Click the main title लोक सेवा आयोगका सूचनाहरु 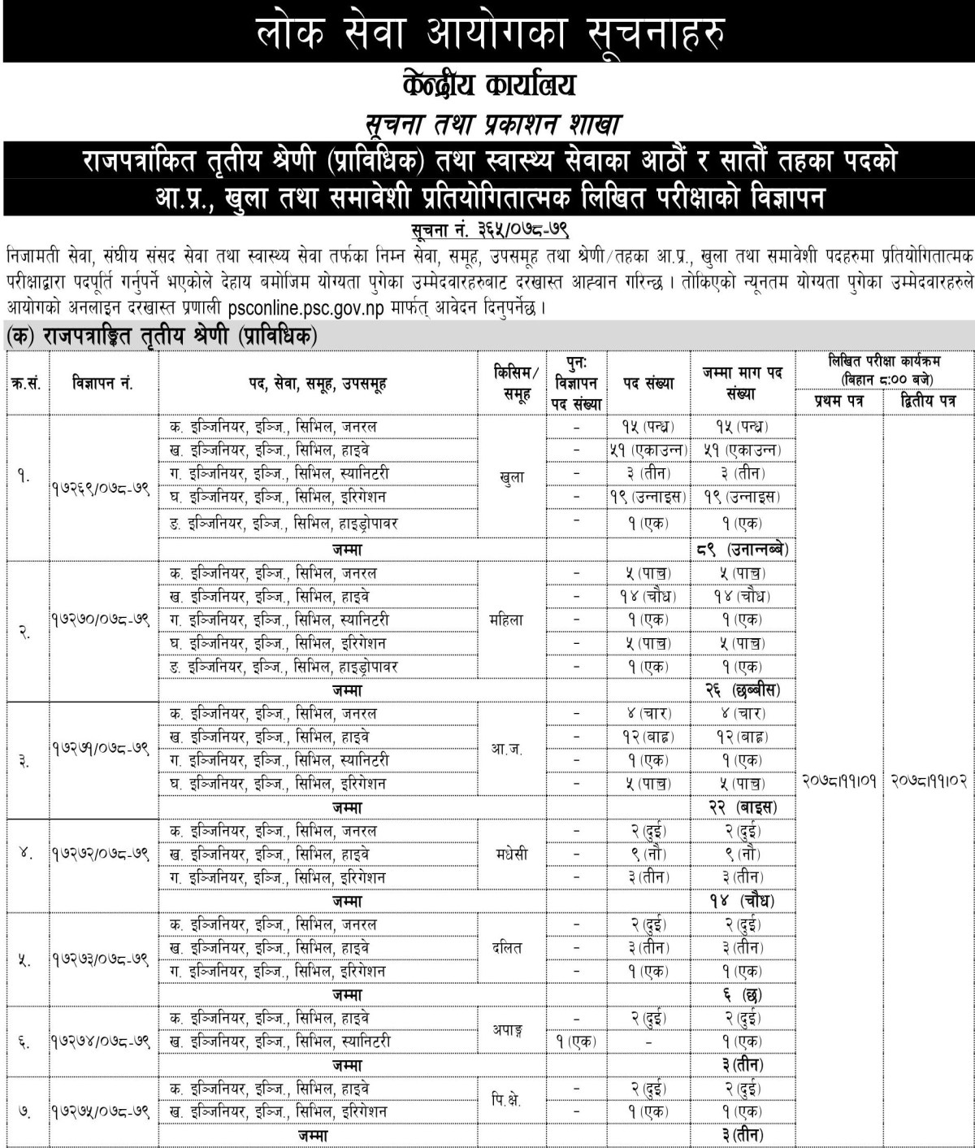tap(487, 33)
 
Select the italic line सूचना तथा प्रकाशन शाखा tap(488, 124)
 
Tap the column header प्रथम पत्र tap(838, 401)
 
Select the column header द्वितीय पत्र tap(929, 401)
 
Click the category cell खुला tap(513, 477)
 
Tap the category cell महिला tap(513, 620)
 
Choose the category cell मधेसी tap(513, 854)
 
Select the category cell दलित tap(513, 948)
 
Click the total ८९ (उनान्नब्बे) tap(740, 549)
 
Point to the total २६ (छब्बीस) tap(740, 689)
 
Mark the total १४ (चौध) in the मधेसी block tap(740, 901)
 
